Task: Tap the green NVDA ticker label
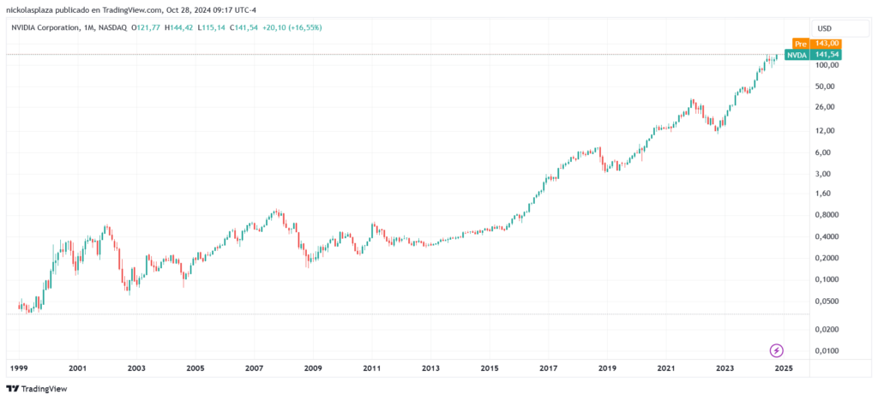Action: pos(797,55)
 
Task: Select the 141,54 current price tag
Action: pos(827,55)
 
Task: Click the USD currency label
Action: pos(825,28)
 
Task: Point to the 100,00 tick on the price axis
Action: pos(826,66)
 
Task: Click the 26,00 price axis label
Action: pos(826,107)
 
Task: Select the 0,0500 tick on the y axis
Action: pos(826,301)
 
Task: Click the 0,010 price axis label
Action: pos(826,351)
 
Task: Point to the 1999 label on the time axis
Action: pos(19,368)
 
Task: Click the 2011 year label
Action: pos(371,368)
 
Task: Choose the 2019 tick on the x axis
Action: pos(607,368)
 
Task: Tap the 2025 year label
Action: pos(783,368)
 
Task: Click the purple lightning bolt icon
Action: pos(777,350)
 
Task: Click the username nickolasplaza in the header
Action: pos(30,9)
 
